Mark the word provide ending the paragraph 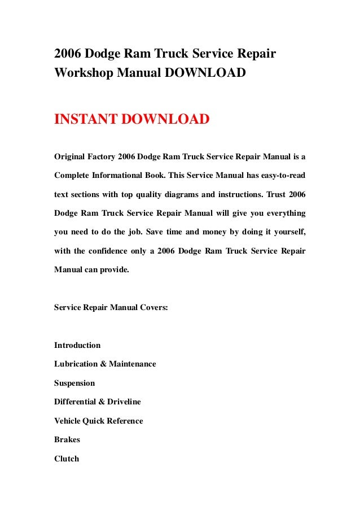(115, 270)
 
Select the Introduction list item (77, 345)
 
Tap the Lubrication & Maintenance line (105, 364)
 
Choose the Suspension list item (74, 383)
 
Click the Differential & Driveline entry (98, 402)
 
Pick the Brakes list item (67, 440)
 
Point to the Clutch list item (67, 459)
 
